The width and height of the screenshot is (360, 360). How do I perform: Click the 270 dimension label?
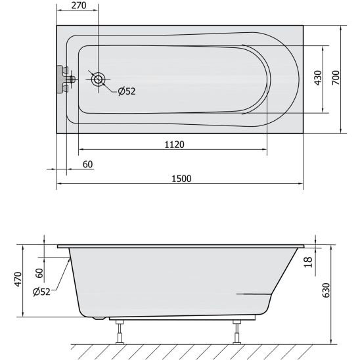point(79,5)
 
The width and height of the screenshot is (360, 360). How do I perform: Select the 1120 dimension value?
point(175,145)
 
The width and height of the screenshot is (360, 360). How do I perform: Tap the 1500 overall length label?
point(181,179)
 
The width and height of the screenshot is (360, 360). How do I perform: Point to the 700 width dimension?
point(336,78)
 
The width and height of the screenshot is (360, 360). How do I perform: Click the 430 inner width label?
point(318,78)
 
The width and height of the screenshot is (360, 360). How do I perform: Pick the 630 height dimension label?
point(326,290)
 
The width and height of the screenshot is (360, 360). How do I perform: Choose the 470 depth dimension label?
point(18,279)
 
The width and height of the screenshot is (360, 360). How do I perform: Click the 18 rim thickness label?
point(308,262)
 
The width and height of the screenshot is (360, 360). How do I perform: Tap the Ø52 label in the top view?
point(127,91)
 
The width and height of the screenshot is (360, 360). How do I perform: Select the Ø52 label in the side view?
point(41,292)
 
